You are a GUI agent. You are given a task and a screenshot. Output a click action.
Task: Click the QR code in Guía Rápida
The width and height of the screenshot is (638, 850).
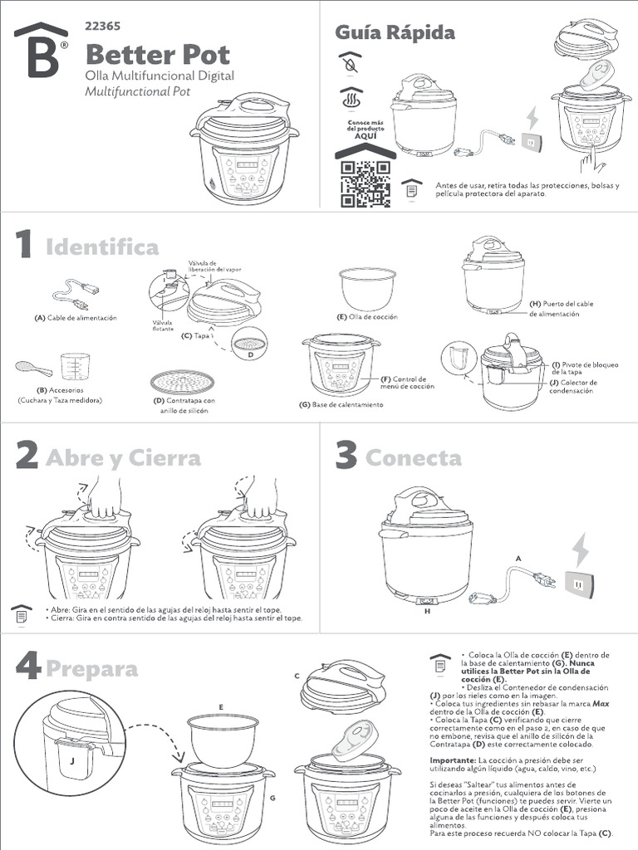click(x=365, y=183)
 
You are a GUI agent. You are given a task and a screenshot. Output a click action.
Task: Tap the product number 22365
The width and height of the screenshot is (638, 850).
click(x=103, y=27)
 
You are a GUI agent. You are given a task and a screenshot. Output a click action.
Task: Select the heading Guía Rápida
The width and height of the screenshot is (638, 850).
click(x=395, y=32)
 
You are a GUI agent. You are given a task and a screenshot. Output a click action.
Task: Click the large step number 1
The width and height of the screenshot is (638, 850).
click(x=24, y=245)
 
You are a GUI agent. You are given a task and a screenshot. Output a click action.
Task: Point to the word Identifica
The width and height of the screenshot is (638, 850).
click(x=102, y=247)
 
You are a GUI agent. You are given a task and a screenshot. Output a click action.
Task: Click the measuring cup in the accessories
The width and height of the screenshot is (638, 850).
click(x=75, y=366)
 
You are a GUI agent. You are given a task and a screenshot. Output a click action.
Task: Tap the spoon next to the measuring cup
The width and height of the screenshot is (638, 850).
click(x=33, y=367)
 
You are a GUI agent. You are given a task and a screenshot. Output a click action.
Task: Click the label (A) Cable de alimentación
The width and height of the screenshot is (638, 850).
click(x=76, y=318)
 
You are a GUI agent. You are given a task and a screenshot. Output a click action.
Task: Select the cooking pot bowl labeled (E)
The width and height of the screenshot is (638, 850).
click(x=367, y=288)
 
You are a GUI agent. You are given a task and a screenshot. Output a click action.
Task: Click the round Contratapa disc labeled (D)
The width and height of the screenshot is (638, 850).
click(x=182, y=382)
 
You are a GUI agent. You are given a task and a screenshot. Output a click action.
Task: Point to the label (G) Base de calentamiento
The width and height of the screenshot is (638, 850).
click(x=341, y=404)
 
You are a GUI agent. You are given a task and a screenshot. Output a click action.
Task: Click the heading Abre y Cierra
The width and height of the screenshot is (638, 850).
click(x=123, y=458)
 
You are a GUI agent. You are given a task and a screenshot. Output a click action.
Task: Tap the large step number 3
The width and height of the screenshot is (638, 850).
click(x=346, y=457)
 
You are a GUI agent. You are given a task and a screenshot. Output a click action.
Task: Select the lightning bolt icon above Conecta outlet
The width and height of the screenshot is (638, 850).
click(x=581, y=550)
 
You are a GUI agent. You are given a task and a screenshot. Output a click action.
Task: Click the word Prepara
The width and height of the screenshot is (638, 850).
click(x=92, y=668)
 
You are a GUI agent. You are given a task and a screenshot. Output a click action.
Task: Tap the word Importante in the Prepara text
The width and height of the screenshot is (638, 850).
click(x=452, y=760)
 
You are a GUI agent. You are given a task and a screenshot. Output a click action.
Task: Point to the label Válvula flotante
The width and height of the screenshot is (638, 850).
click(x=163, y=326)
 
